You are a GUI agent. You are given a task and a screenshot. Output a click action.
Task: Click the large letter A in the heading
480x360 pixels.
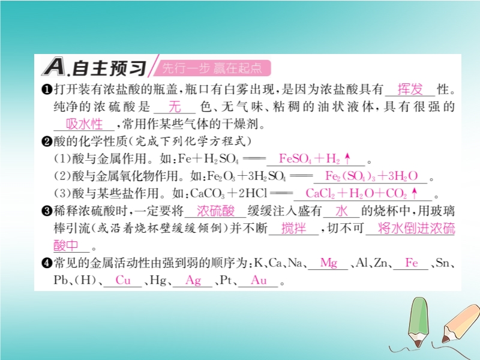pos(53,67)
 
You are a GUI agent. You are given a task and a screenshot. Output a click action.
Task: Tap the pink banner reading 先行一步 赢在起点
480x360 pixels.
pos(212,68)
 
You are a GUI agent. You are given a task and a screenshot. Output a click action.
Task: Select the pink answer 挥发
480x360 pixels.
pos(410,89)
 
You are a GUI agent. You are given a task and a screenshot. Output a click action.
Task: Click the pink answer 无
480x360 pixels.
pos(175,107)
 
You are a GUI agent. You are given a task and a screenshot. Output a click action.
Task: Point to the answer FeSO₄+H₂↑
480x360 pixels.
pos(314,158)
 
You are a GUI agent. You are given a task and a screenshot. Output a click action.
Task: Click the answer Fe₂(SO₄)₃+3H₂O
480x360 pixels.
pos(371,176)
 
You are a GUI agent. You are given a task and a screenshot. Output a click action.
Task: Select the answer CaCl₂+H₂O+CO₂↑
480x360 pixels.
pos(362,193)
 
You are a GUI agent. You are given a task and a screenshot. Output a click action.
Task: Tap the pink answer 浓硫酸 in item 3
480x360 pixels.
pos(215,211)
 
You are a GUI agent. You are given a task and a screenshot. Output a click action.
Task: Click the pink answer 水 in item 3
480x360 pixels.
pos(341,211)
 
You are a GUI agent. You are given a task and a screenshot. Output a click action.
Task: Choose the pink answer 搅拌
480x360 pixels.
pos(293,229)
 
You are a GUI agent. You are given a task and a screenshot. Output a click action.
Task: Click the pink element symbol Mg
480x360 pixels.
pos(329,263)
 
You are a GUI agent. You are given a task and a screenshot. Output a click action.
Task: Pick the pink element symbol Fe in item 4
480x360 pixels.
pos(412,263)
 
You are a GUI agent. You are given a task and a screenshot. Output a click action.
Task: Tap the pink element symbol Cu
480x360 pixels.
pos(123,280)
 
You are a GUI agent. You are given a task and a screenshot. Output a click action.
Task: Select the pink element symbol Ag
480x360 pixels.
pos(193,281)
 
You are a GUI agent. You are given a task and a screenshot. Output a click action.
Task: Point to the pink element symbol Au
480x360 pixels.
pos(259,280)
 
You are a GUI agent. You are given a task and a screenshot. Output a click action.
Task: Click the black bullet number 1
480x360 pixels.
pos(47,89)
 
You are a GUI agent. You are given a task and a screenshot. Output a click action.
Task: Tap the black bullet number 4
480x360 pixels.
pos(47,263)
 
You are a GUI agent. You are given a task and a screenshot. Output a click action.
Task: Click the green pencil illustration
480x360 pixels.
pos(418,322)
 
